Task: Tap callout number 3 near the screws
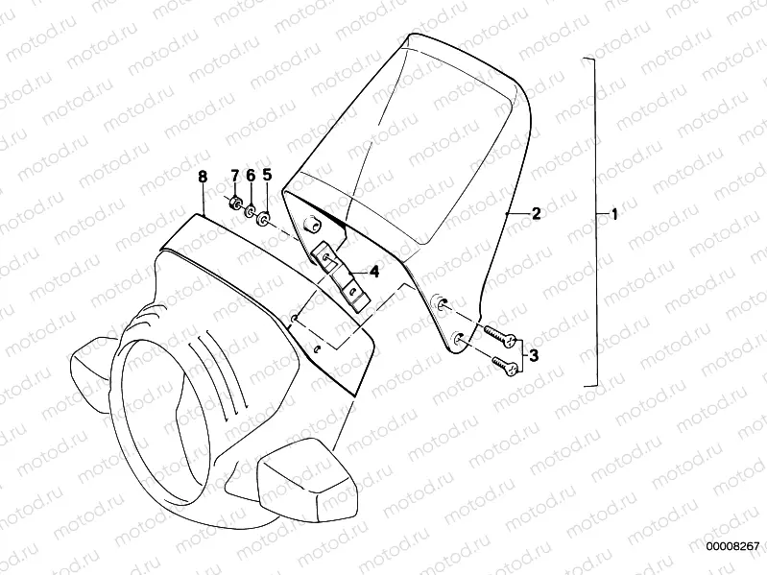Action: [x=535, y=354]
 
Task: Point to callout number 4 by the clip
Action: [x=374, y=273]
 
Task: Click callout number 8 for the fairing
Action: [x=202, y=176]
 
